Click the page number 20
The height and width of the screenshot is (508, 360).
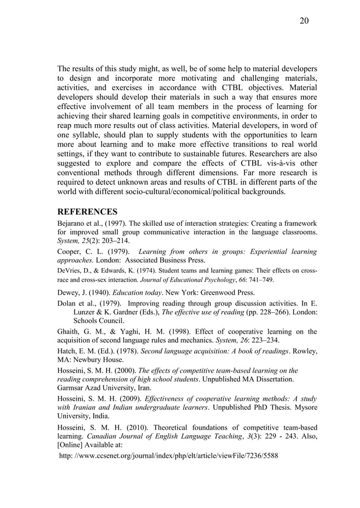304,21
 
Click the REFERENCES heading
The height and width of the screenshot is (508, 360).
87,212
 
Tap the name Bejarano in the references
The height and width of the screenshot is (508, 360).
72,224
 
